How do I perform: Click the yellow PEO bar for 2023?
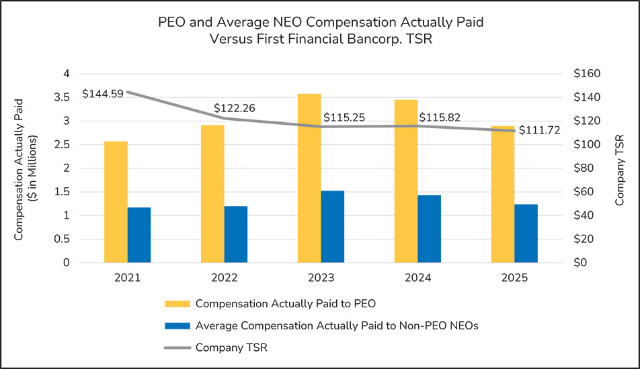(309, 178)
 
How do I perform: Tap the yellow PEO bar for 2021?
(116, 202)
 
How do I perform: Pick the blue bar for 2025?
(526, 233)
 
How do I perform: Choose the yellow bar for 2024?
(405, 181)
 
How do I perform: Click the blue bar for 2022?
(236, 234)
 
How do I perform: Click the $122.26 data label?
(234, 108)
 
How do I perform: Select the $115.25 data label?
(344, 117)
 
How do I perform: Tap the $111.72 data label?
(540, 130)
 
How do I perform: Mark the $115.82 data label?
(440, 117)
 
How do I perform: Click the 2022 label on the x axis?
(224, 278)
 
